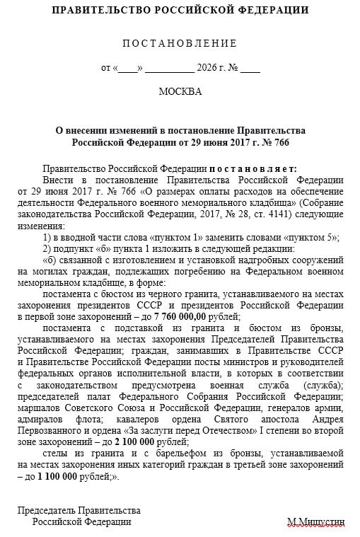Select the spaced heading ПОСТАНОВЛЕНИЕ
(x=180, y=43)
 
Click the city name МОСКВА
(x=180, y=93)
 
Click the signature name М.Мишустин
(x=315, y=521)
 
